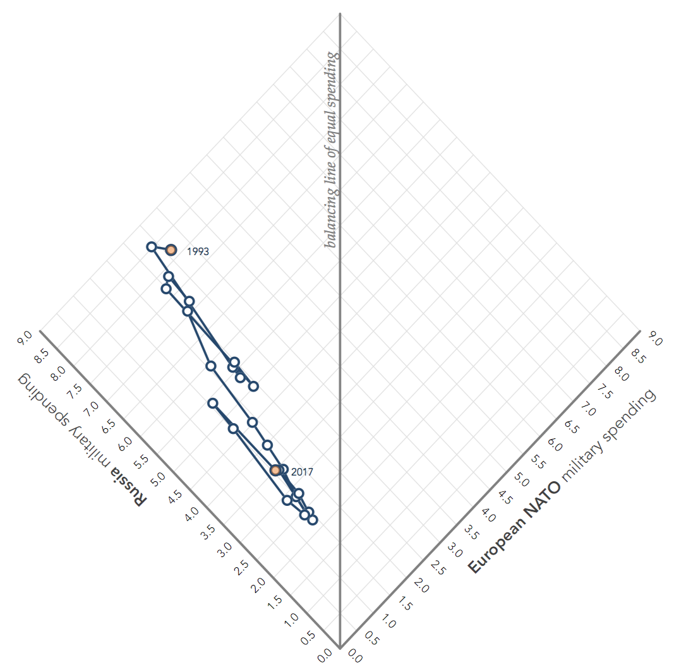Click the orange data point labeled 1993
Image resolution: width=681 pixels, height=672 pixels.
[x=171, y=250]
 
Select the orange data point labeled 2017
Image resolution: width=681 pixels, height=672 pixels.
[x=275, y=470]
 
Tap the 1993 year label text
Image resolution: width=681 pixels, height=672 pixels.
[x=198, y=251]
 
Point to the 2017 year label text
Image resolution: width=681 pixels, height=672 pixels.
[x=302, y=472]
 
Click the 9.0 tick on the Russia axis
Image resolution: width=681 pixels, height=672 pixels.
[x=26, y=339]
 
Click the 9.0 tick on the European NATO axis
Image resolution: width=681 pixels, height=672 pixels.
[x=655, y=340]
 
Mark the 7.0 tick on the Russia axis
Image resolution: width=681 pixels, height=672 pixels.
[x=92, y=409]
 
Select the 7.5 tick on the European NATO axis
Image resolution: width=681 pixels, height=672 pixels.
[x=605, y=392]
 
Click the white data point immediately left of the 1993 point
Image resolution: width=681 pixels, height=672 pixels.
[x=152, y=247]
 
